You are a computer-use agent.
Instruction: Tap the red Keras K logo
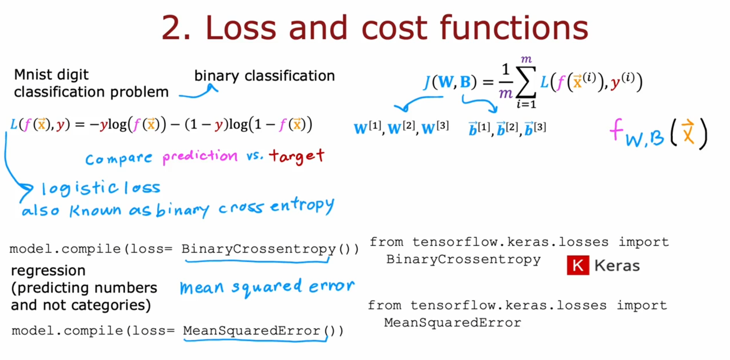click(x=578, y=265)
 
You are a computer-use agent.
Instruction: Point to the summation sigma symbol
click(x=526, y=81)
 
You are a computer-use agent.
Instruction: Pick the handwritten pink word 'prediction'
click(x=200, y=156)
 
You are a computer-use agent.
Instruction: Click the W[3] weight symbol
click(x=435, y=128)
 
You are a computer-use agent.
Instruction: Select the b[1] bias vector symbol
click(x=479, y=128)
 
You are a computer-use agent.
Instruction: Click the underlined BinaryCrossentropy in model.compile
click(x=259, y=249)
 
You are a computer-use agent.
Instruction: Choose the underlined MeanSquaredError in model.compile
click(x=252, y=331)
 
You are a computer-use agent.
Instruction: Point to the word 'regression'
click(x=48, y=271)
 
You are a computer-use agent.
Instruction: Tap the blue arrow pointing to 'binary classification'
click(x=198, y=92)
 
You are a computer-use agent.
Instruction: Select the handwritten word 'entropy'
click(x=302, y=206)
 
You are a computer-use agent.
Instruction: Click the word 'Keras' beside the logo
click(x=617, y=265)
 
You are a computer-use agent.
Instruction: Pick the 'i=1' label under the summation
click(x=526, y=104)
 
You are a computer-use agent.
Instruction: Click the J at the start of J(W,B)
click(x=427, y=82)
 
